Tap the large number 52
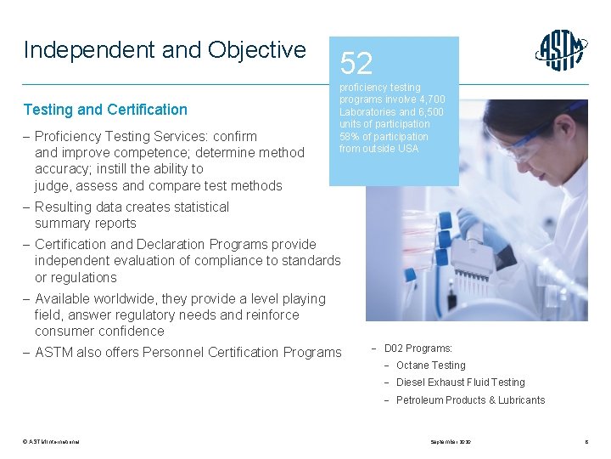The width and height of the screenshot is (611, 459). click(x=356, y=63)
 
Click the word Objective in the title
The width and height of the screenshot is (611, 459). click(x=263, y=50)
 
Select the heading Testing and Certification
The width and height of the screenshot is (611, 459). click(x=105, y=110)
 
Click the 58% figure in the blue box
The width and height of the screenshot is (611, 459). click(x=349, y=137)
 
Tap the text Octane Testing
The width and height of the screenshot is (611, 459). click(x=430, y=365)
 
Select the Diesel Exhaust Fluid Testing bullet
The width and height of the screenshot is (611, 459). click(x=460, y=382)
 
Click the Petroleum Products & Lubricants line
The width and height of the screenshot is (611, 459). click(x=470, y=400)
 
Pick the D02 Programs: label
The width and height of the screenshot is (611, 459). click(x=418, y=348)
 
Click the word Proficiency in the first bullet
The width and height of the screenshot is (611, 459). click(x=70, y=136)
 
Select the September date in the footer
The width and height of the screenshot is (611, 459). click(x=450, y=442)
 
